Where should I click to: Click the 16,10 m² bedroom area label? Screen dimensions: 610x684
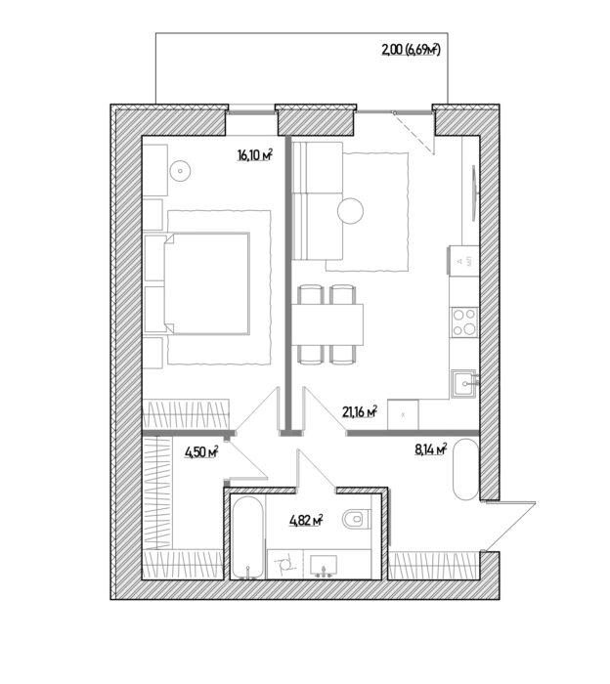point(255,154)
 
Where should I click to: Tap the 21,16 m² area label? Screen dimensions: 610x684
point(360,411)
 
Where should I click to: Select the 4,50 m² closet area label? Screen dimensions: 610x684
point(201,452)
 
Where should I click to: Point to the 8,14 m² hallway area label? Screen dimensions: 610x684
point(431,449)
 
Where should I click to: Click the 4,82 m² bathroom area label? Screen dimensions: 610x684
point(306,520)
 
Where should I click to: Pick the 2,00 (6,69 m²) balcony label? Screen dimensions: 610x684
point(411,50)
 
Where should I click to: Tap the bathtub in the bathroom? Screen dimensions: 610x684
point(247,537)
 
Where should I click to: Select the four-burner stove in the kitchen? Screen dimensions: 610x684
point(464,321)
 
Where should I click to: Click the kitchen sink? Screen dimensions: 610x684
point(464,383)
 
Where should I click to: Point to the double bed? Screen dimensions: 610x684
point(207,284)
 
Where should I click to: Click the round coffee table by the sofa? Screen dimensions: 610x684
point(350,211)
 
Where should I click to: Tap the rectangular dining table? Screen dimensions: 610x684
point(327,324)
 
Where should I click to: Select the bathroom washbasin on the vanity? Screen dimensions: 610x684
point(324,567)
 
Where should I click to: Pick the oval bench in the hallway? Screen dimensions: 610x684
point(465,469)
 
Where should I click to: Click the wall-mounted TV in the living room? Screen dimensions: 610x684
point(475,192)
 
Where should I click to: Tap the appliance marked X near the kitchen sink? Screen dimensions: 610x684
point(403,414)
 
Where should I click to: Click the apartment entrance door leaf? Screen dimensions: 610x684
point(509,526)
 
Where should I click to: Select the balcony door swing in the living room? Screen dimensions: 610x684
point(414,133)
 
